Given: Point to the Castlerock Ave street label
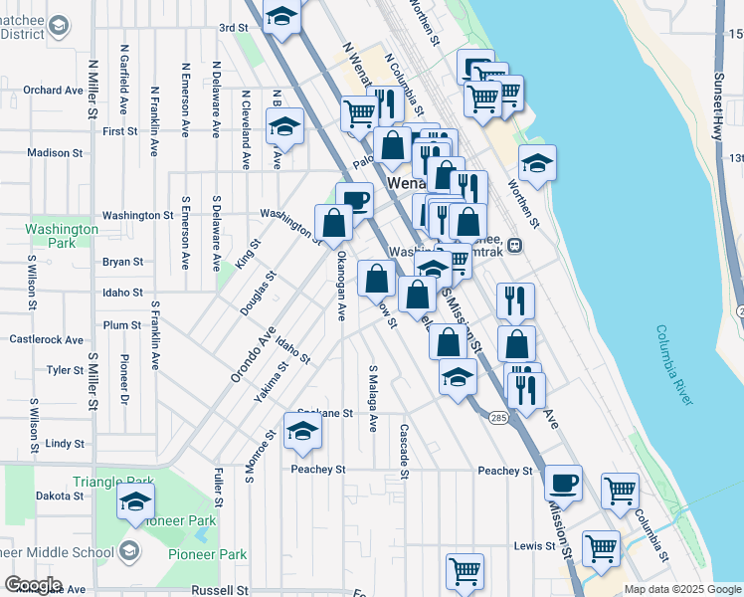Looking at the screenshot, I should coord(46,339).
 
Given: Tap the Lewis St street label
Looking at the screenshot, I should coord(535,546).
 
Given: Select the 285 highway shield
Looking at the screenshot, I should coord(498,418).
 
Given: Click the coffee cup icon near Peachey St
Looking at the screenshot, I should coord(563,484).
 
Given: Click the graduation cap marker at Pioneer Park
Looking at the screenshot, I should coord(136,503).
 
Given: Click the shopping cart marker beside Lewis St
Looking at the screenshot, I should coord(602,548).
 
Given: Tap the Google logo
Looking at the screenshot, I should coord(33,585).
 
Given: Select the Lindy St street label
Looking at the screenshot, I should coord(65,443).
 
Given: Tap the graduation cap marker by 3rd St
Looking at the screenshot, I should coord(282,17).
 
